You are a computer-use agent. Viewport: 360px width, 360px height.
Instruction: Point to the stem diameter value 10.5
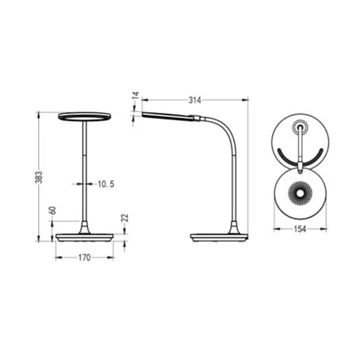[106, 184]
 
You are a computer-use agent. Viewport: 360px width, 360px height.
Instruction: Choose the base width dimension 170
[83, 259]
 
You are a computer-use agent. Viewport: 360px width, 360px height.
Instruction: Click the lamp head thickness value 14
[135, 98]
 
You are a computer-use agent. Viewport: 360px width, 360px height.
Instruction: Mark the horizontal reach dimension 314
[194, 100]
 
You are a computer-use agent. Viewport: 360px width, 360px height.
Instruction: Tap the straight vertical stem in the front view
[83, 171]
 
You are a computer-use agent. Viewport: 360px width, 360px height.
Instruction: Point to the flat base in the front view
[83, 236]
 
